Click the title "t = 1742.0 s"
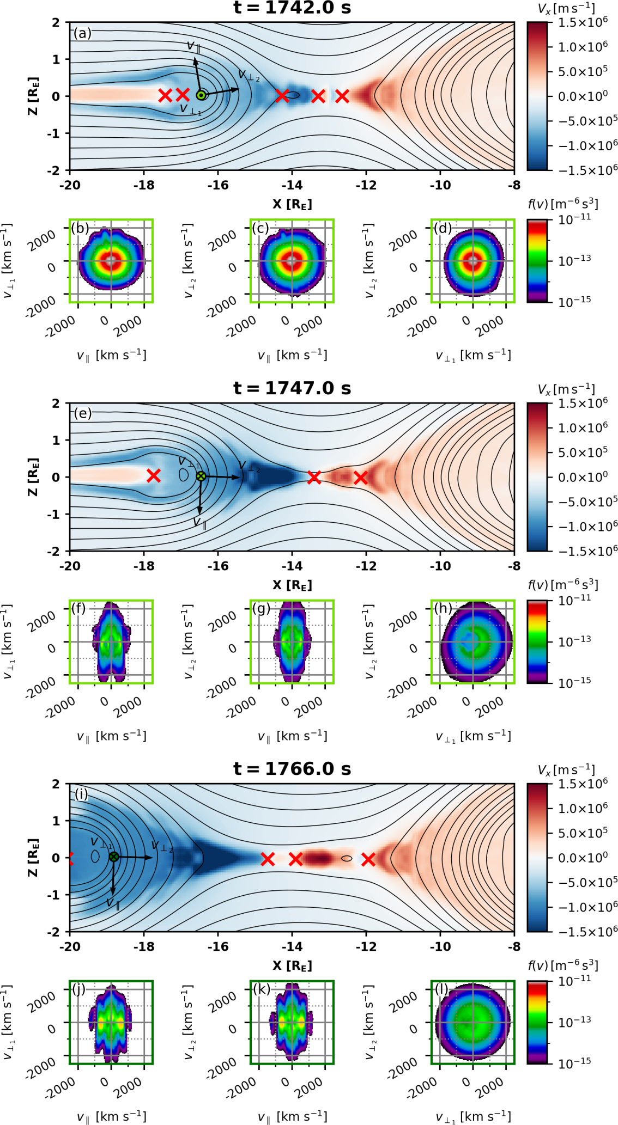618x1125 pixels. tap(292, 8)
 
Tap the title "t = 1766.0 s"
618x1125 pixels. tap(292, 769)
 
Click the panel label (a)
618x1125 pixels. tap(83, 33)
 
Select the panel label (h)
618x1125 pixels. tap(443, 608)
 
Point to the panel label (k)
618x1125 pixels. tap(262, 989)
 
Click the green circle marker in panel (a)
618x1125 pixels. tap(201, 95)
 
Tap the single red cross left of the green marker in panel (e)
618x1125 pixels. tap(154, 476)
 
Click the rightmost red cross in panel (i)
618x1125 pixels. tap(368, 859)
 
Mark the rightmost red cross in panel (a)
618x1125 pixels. tap(342, 96)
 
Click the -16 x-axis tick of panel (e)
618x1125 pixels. tap(217, 566)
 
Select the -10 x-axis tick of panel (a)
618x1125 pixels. tap(440, 185)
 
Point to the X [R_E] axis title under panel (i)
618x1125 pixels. tap(292, 965)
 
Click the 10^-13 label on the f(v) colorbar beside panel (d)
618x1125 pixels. tap(574, 260)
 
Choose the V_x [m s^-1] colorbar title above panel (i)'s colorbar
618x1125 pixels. tap(566, 770)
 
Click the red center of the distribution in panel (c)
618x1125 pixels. tap(292, 261)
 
